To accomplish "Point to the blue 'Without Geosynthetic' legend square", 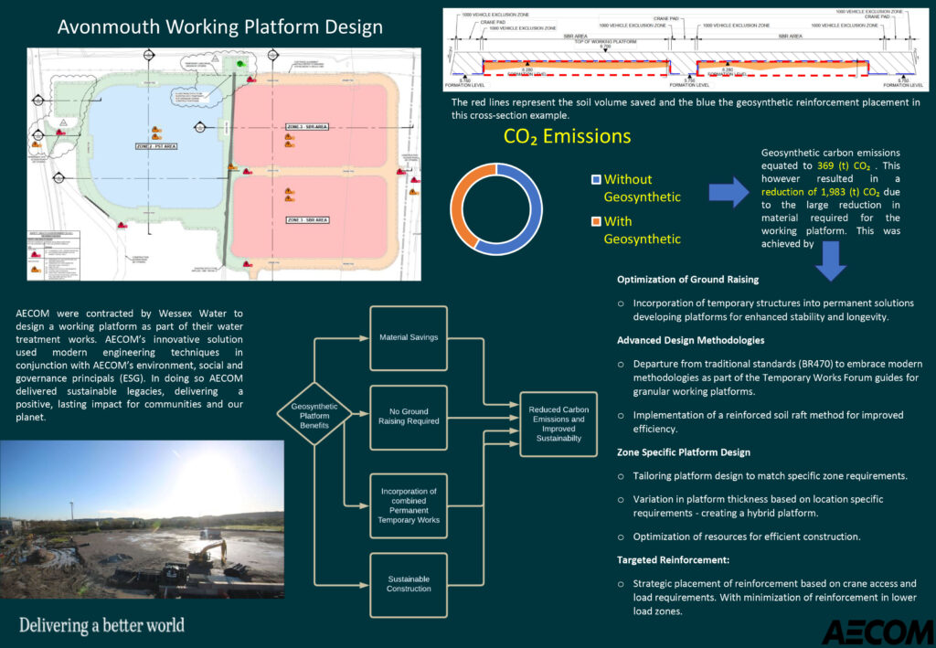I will point(597,180).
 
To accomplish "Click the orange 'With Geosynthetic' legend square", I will point(597,222).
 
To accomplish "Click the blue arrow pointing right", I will point(729,193).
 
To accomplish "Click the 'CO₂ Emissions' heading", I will point(567,137).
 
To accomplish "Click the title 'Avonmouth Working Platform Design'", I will point(220,27).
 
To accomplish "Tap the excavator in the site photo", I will point(208,550).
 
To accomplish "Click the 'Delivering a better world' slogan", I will point(101,626).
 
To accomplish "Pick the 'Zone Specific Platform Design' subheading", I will point(684,452).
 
